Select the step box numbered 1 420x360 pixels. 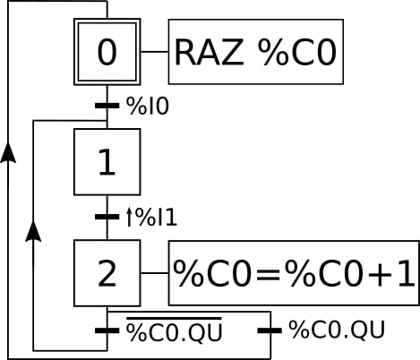107,162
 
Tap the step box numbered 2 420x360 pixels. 107,273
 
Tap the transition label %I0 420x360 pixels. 148,107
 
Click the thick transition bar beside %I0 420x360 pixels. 107,107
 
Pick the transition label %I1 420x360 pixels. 153,217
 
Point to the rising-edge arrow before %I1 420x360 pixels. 129,217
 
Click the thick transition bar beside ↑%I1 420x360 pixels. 107,217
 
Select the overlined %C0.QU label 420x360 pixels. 174,331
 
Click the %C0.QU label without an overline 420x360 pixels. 337,330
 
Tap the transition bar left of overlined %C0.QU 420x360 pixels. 107,330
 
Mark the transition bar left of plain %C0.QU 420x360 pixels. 270,330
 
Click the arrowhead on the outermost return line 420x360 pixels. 9,153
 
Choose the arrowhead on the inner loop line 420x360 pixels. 33,233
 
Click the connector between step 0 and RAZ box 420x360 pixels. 155,52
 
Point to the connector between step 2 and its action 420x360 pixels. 155,273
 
